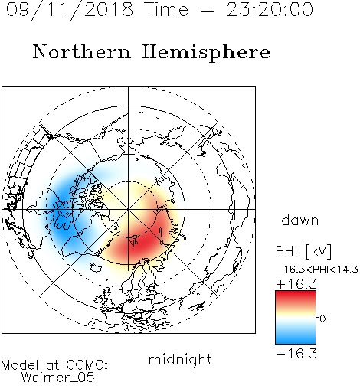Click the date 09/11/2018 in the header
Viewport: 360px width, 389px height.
click(x=70, y=10)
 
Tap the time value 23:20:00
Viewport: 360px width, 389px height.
click(x=270, y=9)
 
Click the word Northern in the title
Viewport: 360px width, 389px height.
click(x=82, y=52)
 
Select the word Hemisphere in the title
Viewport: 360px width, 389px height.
click(x=206, y=53)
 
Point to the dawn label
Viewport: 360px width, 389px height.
click(x=300, y=220)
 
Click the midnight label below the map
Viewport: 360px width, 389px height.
click(x=180, y=360)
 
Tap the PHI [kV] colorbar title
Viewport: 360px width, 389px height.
click(x=303, y=251)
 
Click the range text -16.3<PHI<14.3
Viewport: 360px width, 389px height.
click(x=317, y=270)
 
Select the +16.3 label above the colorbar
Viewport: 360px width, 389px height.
click(x=296, y=284)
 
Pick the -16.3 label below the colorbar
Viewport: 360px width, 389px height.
click(x=296, y=354)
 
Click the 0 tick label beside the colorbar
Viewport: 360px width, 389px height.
click(x=322, y=319)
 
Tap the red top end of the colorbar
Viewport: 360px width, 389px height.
click(x=296, y=294)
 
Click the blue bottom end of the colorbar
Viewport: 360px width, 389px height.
click(x=296, y=341)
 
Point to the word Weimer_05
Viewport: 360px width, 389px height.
click(x=58, y=378)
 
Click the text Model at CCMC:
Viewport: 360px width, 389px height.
click(x=54, y=365)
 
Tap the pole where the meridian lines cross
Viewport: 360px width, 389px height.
click(x=129, y=209)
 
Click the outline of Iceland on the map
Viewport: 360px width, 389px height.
click(x=96, y=267)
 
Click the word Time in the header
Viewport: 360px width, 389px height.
click(x=166, y=9)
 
